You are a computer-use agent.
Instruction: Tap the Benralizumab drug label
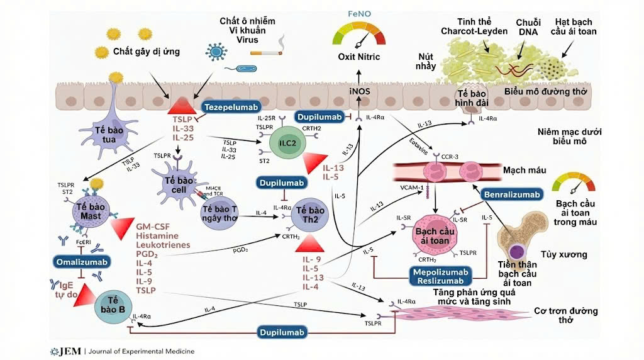[x=512, y=194]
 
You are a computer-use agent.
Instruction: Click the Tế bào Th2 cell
[x=309, y=215]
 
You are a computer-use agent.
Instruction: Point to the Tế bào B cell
[x=114, y=305]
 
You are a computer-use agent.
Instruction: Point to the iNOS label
[x=359, y=92]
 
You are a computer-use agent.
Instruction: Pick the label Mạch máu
[x=524, y=171]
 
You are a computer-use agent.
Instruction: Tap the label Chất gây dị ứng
[x=147, y=51]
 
